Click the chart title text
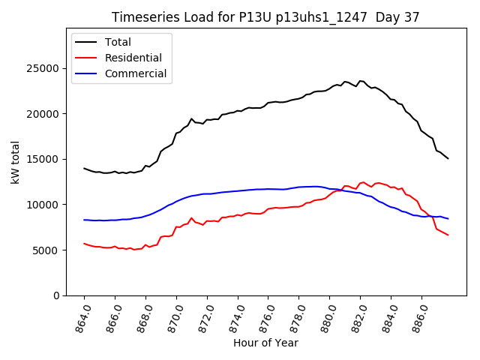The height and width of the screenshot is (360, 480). click(265, 17)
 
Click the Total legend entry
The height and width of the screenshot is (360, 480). click(118, 42)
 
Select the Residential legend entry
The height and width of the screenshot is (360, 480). click(133, 58)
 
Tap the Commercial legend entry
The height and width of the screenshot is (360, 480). click(136, 74)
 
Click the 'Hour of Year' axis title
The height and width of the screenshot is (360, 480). click(265, 343)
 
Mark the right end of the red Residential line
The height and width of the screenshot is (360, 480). click(448, 235)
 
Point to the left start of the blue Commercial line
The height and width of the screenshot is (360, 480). click(84, 220)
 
